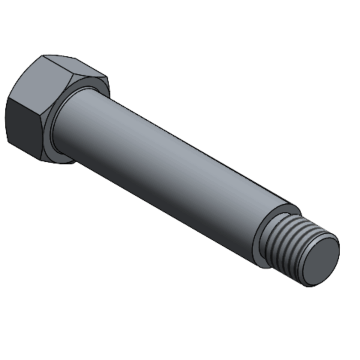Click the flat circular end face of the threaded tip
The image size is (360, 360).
[x=319, y=260]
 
